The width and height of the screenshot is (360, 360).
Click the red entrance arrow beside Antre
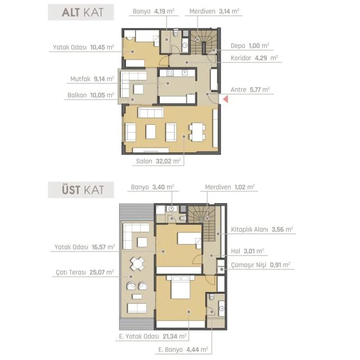click(226, 99)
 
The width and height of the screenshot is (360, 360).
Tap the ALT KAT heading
click(83, 12)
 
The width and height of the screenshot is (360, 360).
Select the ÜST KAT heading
click(83, 190)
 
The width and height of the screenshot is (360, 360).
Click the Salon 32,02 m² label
click(158, 161)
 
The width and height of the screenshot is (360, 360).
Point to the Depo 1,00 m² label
click(250, 46)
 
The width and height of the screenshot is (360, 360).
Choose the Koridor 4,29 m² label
click(254, 58)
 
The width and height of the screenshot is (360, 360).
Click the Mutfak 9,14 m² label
click(92, 79)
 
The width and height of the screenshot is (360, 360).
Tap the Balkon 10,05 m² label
click(91, 95)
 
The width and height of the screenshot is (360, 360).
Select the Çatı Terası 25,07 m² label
click(85, 272)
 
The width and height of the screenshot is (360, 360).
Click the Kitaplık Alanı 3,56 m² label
click(262, 229)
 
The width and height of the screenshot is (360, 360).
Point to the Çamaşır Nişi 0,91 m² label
click(260, 265)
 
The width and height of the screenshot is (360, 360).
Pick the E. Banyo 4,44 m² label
click(183, 350)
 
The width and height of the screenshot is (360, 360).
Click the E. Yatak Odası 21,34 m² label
click(152, 336)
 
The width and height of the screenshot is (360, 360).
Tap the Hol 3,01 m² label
click(247, 251)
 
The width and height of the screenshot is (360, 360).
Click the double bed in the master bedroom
click(181, 287)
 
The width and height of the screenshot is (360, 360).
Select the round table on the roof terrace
click(137, 264)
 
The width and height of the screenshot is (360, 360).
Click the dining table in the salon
click(197, 132)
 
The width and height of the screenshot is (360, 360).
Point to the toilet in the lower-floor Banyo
click(176, 33)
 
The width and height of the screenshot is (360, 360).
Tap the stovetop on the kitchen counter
click(170, 73)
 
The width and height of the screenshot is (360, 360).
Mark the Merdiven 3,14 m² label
click(214, 11)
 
